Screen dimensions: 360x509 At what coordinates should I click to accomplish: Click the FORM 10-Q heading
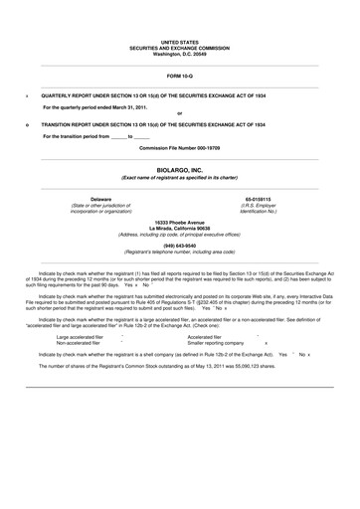(179, 77)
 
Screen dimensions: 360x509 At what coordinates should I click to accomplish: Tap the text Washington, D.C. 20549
(179, 54)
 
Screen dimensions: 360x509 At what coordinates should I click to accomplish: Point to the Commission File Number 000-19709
(179, 147)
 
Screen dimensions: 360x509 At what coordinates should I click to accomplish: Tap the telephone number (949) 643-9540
(179, 245)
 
